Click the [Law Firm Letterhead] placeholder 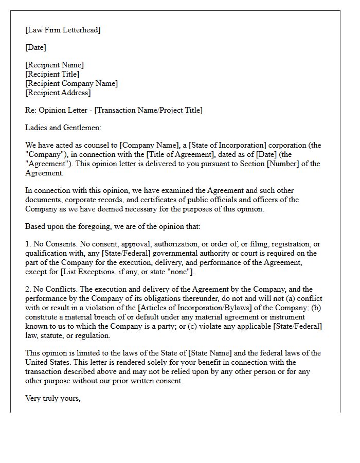coord(63,30)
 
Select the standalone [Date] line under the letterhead coord(35,47)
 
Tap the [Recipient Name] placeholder coord(55,65)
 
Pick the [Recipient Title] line coord(52,74)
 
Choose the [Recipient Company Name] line coord(71,83)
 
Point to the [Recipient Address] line coord(58,93)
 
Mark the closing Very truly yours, coord(53,398)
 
